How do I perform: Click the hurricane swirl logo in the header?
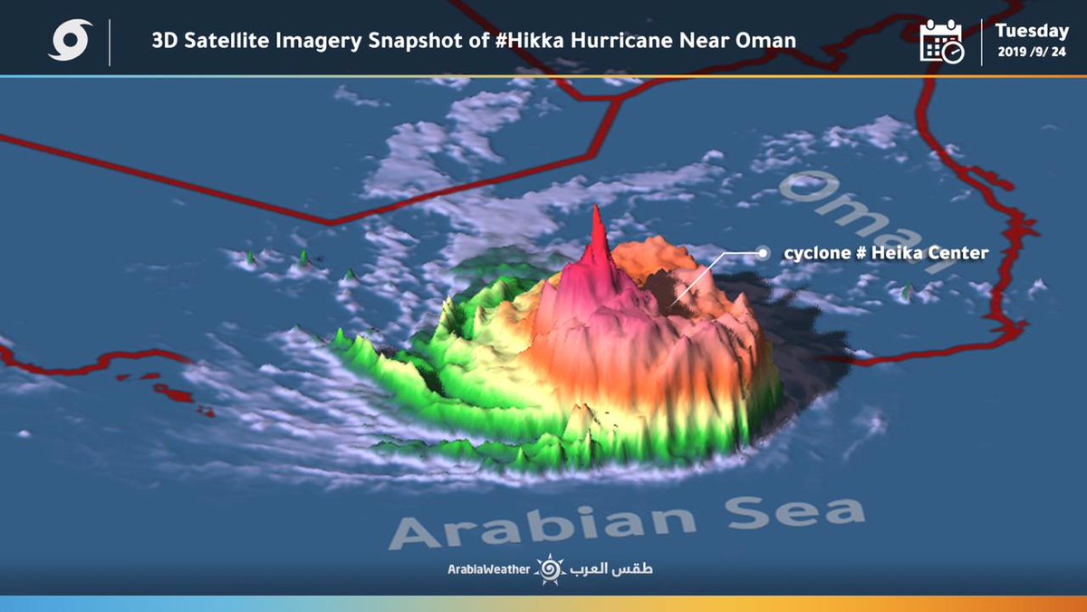[x=71, y=41]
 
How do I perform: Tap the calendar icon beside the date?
[x=941, y=41]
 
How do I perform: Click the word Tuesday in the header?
[x=1032, y=31]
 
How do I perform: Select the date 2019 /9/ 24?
[x=1032, y=52]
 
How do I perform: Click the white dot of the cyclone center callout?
[x=764, y=254]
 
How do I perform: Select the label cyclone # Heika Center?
[x=885, y=254]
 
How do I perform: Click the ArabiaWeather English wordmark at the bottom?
[x=488, y=569]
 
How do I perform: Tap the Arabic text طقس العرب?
[x=611, y=569]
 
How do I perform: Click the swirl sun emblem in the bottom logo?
[x=549, y=569]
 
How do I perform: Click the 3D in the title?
[x=164, y=40]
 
